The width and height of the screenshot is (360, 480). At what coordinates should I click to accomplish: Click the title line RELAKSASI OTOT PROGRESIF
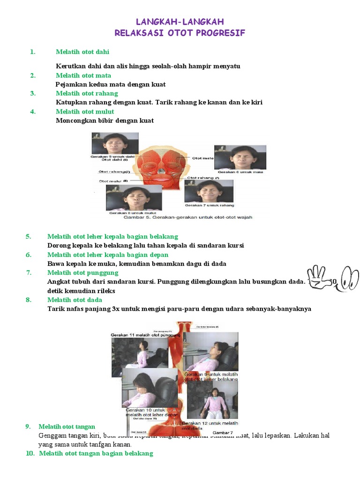[180, 33]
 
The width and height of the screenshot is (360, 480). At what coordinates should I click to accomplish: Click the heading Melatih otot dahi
[82, 52]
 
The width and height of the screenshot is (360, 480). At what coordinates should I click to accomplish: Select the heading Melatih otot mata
[83, 75]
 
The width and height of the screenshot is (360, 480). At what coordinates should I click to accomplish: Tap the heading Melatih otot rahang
[87, 93]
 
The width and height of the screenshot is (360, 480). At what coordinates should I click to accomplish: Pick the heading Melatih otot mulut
[85, 112]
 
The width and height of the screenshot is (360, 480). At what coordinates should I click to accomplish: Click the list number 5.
[29, 236]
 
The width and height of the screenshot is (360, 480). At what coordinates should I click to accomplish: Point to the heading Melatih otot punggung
[82, 273]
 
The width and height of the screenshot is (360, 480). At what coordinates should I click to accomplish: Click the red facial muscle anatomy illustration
[162, 169]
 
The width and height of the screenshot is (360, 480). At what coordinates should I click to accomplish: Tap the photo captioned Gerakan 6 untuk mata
[240, 157]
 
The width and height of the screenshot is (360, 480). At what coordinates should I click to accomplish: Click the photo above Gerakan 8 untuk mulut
[134, 197]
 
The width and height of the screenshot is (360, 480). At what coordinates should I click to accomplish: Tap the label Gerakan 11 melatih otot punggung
[145, 336]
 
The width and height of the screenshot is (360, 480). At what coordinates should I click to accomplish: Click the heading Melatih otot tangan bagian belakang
[96, 453]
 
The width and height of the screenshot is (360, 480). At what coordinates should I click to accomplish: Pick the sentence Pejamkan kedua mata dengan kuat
[111, 84]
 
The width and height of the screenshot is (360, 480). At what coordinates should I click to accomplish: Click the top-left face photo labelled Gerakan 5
[115, 143]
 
